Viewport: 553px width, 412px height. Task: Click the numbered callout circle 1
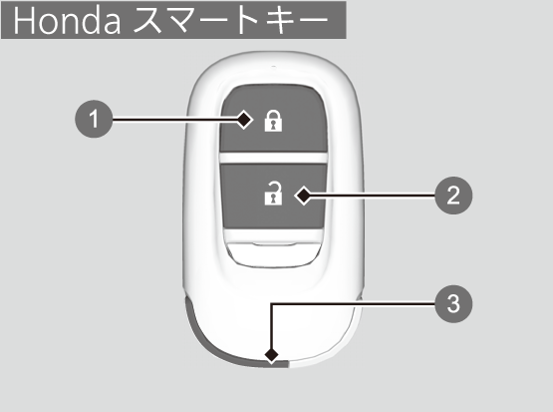point(94,119)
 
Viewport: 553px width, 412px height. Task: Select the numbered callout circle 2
point(453,196)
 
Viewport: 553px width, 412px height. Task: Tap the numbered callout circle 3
point(453,303)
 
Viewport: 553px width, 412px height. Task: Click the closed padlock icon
point(273,121)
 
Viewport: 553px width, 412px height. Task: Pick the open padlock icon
point(273,194)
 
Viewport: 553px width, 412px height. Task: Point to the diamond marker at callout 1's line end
point(244,120)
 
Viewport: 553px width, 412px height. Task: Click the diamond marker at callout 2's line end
point(303,196)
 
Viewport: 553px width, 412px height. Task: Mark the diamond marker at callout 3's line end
point(272,355)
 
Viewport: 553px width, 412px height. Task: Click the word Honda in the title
point(67,21)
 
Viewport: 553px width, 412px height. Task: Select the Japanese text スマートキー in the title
point(231,21)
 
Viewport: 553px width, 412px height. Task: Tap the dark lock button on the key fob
point(273,120)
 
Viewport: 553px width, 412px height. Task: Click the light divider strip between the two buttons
point(273,159)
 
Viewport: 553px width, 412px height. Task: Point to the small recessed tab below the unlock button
point(274,252)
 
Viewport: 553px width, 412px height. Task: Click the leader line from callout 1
point(173,120)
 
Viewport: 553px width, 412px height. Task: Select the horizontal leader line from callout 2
point(374,196)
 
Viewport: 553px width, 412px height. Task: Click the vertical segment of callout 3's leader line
point(272,325)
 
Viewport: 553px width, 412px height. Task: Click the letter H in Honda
point(24,21)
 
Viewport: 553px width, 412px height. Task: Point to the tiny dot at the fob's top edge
point(274,67)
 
